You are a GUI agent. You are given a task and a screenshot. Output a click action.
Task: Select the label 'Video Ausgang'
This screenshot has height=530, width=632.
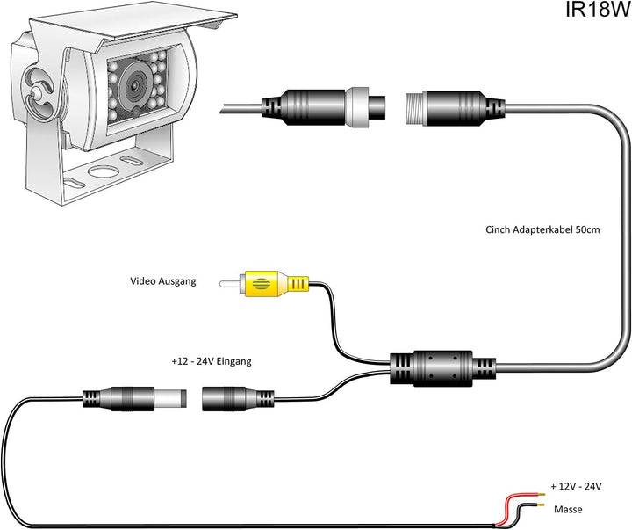pyautogui.click(x=163, y=281)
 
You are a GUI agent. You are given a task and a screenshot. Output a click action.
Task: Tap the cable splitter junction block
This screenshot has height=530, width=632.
pyautogui.click(x=432, y=366)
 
